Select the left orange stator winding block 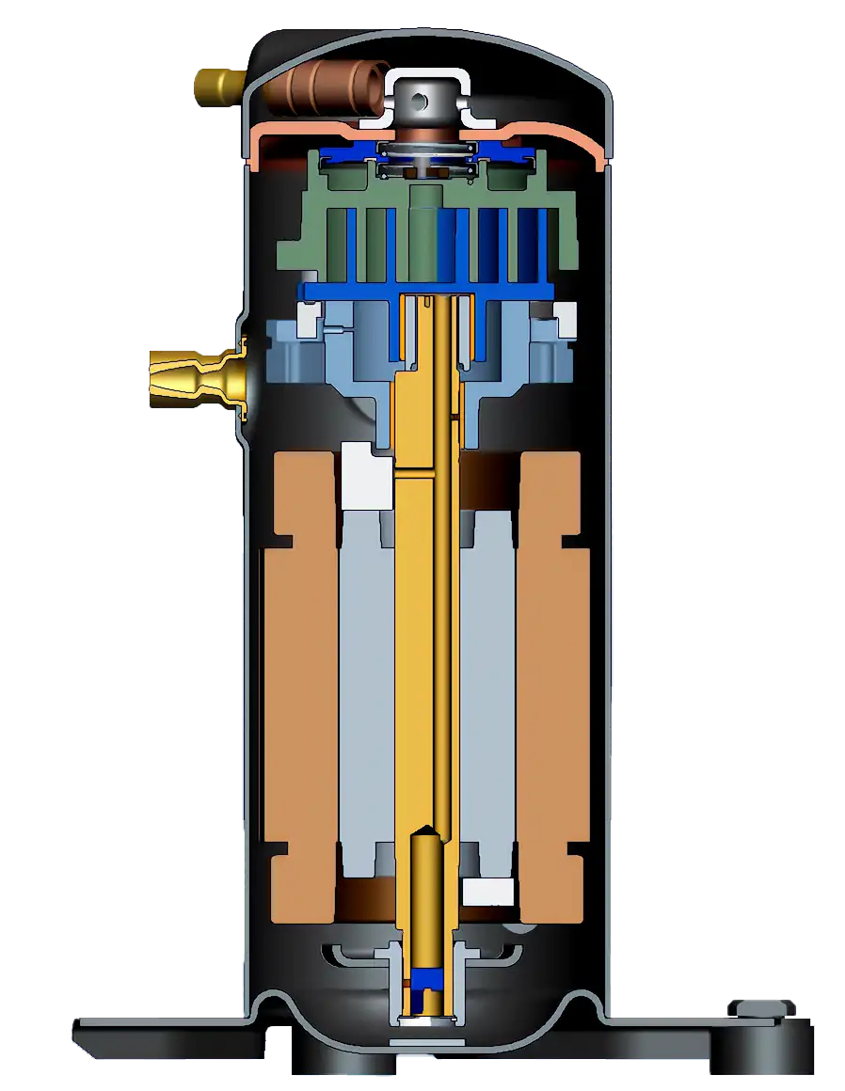tap(299, 687)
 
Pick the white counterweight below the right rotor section tap(488, 893)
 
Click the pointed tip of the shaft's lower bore tap(427, 829)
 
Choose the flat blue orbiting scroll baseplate tap(427, 292)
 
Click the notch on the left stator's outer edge tap(281, 543)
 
